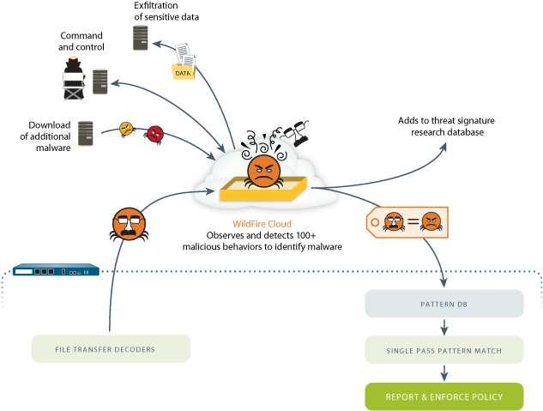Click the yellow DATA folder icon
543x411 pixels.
pyautogui.click(x=183, y=71)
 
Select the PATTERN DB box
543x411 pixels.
pyautogui.click(x=443, y=304)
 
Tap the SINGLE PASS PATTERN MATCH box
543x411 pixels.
pyautogui.click(x=443, y=350)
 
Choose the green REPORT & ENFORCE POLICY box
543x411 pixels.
pyautogui.click(x=443, y=397)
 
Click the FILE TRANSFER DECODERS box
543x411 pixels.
pyautogui.click(x=111, y=349)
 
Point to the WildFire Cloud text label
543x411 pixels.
pyautogui.click(x=262, y=224)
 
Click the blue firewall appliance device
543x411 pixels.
pyautogui.click(x=56, y=270)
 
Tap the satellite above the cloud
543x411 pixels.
pyautogui.click(x=296, y=130)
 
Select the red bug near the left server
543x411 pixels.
pyautogui.click(x=155, y=134)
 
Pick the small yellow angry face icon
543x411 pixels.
pyautogui.click(x=126, y=129)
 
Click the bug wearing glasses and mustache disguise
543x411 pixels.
pyautogui.click(x=129, y=224)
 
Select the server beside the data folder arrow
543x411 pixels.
pyautogui.click(x=141, y=38)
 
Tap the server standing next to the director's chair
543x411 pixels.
pyautogui.click(x=100, y=82)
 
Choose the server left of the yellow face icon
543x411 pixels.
pyautogui.click(x=86, y=133)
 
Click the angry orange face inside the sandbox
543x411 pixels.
pyautogui.click(x=263, y=172)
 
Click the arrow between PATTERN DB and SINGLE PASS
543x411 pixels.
pyautogui.click(x=443, y=327)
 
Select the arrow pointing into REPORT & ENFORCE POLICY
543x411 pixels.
pyautogui.click(x=443, y=373)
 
